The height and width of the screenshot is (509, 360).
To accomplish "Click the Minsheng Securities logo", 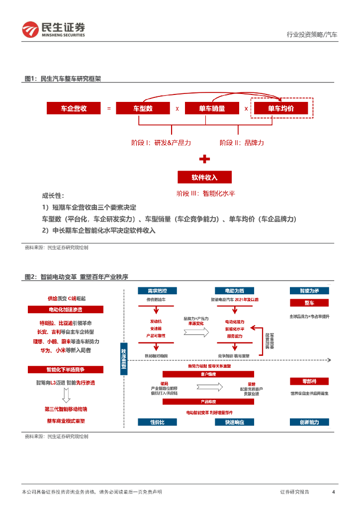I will click(x=54, y=29).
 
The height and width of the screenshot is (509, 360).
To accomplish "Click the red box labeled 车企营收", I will click(x=74, y=108).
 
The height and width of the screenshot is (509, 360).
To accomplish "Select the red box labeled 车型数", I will click(x=143, y=108).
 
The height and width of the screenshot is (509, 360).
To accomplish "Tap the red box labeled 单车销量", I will click(x=212, y=108).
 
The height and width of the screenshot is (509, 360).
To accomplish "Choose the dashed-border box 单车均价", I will click(x=281, y=108).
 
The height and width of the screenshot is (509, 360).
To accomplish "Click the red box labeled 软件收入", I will click(x=204, y=177).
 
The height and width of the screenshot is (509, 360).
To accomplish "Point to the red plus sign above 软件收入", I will click(x=204, y=159).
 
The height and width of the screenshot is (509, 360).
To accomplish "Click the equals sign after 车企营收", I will click(x=109, y=108).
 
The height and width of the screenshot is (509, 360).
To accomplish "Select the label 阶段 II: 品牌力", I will click(x=242, y=143).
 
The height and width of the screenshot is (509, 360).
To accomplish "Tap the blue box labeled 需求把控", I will click(x=157, y=290).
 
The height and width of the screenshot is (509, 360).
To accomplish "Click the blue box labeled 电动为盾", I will click(x=234, y=290).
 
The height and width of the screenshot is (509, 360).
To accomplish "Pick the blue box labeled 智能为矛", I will click(x=309, y=290).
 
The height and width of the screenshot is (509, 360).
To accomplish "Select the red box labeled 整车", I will click(x=309, y=303).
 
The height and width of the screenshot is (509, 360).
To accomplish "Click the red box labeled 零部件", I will click(x=309, y=381).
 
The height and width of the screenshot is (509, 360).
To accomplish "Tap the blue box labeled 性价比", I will click(x=157, y=422).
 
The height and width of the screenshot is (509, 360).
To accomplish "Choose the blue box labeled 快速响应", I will click(x=234, y=422).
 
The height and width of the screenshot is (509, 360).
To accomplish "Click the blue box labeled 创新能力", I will click(x=309, y=422).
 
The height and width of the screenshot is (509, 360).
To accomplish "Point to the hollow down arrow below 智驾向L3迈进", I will click(x=65, y=396).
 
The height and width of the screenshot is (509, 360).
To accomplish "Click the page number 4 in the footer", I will click(x=333, y=492).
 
